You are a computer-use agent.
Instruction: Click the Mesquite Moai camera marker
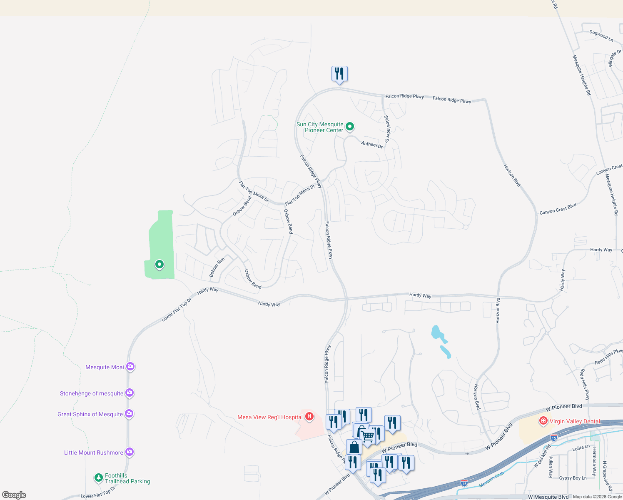click(x=130, y=367)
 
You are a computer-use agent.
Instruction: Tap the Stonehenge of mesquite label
click(x=92, y=393)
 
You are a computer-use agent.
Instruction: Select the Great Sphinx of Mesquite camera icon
click(x=129, y=414)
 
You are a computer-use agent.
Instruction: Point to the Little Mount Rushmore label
click(x=94, y=452)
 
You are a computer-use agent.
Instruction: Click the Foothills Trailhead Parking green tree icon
click(x=99, y=477)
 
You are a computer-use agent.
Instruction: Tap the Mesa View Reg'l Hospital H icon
click(x=309, y=417)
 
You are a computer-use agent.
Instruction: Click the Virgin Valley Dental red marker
click(x=543, y=421)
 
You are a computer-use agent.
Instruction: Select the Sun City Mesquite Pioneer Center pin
click(x=350, y=126)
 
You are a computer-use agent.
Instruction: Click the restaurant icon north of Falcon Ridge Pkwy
click(x=339, y=74)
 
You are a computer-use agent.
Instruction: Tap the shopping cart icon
click(x=368, y=436)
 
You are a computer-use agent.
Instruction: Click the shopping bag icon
click(x=354, y=447)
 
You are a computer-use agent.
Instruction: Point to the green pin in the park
click(x=159, y=264)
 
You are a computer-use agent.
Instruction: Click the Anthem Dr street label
click(x=372, y=145)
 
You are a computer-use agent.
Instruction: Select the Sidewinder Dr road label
click(x=387, y=129)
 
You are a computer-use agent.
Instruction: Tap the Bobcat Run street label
click(x=217, y=267)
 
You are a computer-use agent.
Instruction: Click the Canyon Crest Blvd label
click(x=558, y=209)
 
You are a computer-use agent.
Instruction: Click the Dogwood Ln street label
click(x=601, y=36)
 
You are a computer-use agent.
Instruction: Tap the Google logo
click(x=14, y=495)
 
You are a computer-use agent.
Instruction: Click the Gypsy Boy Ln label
click(x=573, y=478)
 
